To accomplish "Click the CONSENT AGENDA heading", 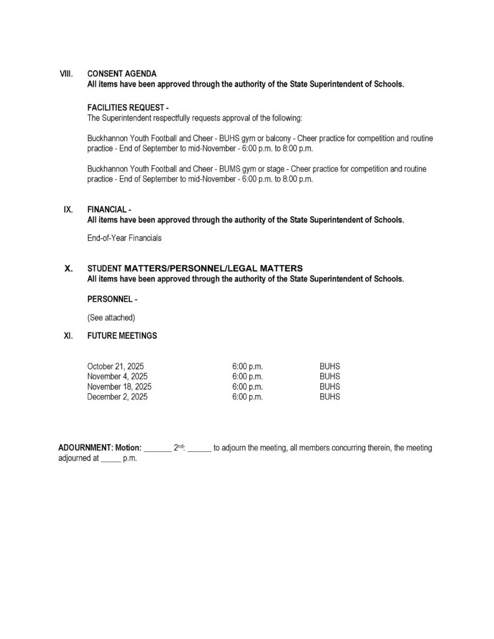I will [x=122, y=74].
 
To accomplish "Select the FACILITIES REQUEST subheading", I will [x=128, y=107].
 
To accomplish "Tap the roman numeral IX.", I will [x=68, y=210].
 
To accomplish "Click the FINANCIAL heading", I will [x=109, y=210].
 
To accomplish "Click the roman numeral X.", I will [x=69, y=268].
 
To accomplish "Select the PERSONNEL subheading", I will [x=112, y=299].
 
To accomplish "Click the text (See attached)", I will [x=111, y=318].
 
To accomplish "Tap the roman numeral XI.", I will [x=68, y=336].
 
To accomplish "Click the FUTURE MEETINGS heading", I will [x=122, y=336].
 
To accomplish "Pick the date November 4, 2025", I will [x=117, y=376].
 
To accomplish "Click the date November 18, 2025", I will [x=119, y=386].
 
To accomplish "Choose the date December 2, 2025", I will [x=117, y=396].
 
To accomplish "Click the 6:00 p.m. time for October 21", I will [x=247, y=366].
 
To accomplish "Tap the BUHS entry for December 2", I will [x=330, y=396].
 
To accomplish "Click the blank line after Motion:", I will [x=157, y=449].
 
